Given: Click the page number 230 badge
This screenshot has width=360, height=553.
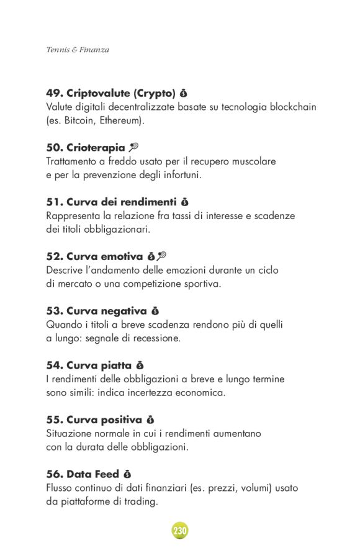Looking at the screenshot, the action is [180, 531].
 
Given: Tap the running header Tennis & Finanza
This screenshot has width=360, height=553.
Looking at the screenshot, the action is [78, 50].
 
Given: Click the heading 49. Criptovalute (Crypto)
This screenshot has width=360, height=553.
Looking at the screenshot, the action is [110, 94].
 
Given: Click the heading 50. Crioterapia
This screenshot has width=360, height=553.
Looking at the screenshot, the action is [86, 148].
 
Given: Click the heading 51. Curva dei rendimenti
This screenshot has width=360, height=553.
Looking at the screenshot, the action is [112, 202].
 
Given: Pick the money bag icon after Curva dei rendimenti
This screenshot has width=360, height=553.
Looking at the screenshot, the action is [184, 202].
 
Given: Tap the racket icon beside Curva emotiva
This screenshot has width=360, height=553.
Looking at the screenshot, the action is [162, 256].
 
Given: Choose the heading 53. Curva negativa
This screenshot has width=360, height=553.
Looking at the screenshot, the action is [96, 310].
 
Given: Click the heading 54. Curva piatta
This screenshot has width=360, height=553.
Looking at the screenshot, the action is [89, 365].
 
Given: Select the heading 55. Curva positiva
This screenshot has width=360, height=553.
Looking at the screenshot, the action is [94, 420].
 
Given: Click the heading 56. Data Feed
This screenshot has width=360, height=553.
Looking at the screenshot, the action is [83, 474].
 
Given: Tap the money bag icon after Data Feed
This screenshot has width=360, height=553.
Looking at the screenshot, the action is [127, 474].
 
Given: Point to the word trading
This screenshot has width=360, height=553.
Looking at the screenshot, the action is [140, 501].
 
